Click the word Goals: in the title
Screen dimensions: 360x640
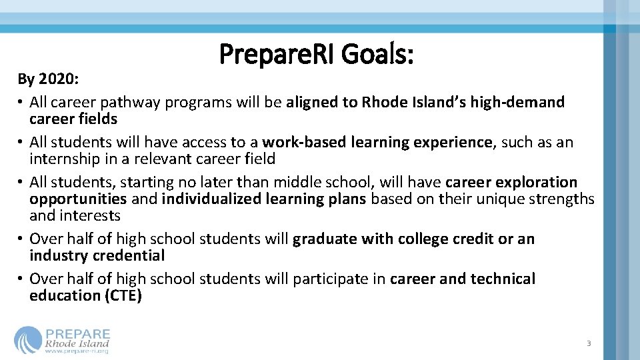click(377, 55)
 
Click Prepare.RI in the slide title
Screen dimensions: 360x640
click(278, 55)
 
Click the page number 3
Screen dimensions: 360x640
click(589, 343)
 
